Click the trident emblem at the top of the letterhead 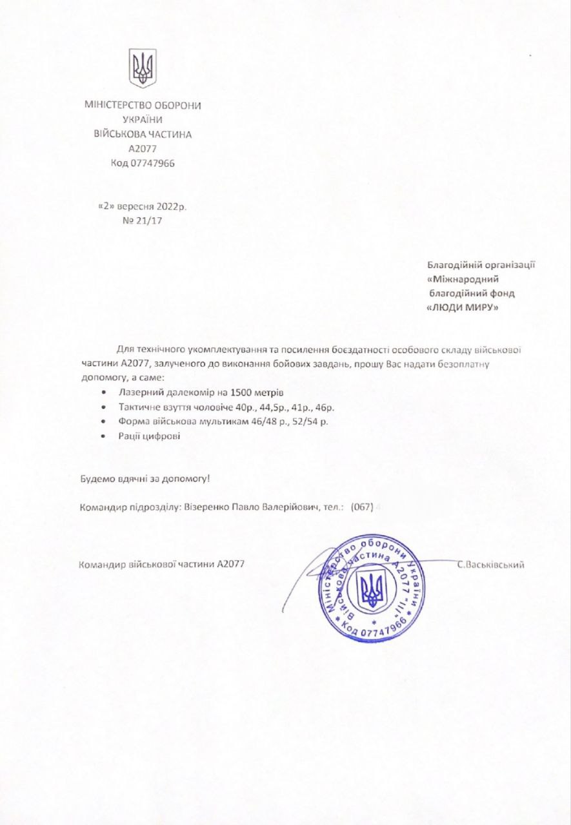[x=143, y=68]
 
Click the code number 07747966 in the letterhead [x=152, y=163]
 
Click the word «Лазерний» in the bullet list [x=138, y=393]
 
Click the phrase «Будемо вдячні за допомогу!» [x=145, y=479]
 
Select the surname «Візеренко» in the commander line [x=206, y=507]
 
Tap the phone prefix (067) [x=362, y=507]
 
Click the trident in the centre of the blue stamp [x=371, y=588]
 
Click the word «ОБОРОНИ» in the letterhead [x=175, y=105]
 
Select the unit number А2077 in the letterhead [x=143, y=149]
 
